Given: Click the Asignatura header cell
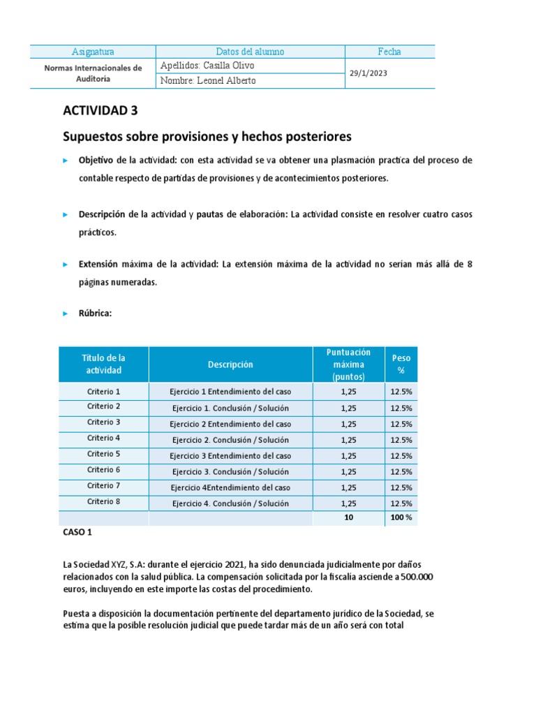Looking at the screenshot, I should coord(93,52).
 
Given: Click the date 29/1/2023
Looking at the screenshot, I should coord(368,73).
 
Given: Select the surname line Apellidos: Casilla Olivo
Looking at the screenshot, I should coord(207,66).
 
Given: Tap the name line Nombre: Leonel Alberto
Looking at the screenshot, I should coord(208,81).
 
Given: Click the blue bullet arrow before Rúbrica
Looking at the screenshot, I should coord(66,314).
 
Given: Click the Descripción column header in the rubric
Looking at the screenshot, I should coord(230,364).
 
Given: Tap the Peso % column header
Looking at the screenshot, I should coord(401,364).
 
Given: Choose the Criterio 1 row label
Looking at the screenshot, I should coord(103,392).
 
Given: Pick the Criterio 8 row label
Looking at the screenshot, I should coord(103,501).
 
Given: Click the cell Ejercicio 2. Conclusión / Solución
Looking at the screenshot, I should coord(230,440).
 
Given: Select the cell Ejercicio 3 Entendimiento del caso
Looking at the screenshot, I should coord(230,456).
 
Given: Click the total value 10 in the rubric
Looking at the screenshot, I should coord(349,517).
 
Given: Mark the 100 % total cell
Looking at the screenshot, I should coord(401,517).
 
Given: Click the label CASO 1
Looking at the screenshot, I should coord(77,532).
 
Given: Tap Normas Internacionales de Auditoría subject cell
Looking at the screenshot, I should coord(93,73).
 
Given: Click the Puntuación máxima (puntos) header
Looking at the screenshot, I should coord(349,364).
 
